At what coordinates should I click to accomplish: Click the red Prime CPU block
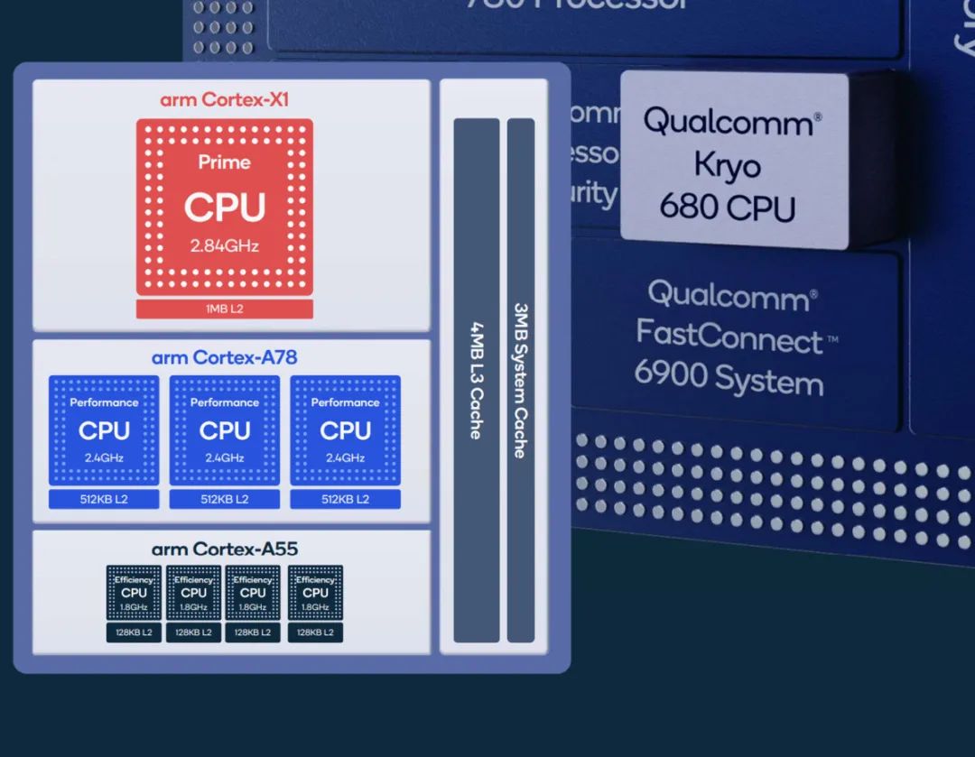[225, 206]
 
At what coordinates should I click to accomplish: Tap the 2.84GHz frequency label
[225, 245]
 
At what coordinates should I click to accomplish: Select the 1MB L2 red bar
[225, 309]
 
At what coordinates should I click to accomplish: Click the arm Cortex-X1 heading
[225, 99]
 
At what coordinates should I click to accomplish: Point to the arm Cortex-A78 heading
[225, 357]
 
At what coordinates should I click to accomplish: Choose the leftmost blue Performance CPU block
[104, 430]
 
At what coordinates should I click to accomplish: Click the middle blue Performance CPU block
[225, 430]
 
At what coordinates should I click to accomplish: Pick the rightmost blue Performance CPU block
[346, 430]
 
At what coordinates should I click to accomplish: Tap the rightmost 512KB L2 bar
[346, 500]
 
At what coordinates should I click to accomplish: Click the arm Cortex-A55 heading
[225, 549]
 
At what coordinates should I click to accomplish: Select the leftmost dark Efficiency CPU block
[134, 593]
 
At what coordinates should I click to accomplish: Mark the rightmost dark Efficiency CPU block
[315, 593]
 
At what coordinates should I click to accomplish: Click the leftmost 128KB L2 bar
[134, 632]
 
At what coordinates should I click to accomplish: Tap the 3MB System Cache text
[521, 379]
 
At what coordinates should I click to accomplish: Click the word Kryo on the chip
[727, 165]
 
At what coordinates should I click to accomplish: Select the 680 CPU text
[727, 207]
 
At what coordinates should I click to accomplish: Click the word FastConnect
[729, 337]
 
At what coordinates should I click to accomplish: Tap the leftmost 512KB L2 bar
[104, 500]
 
